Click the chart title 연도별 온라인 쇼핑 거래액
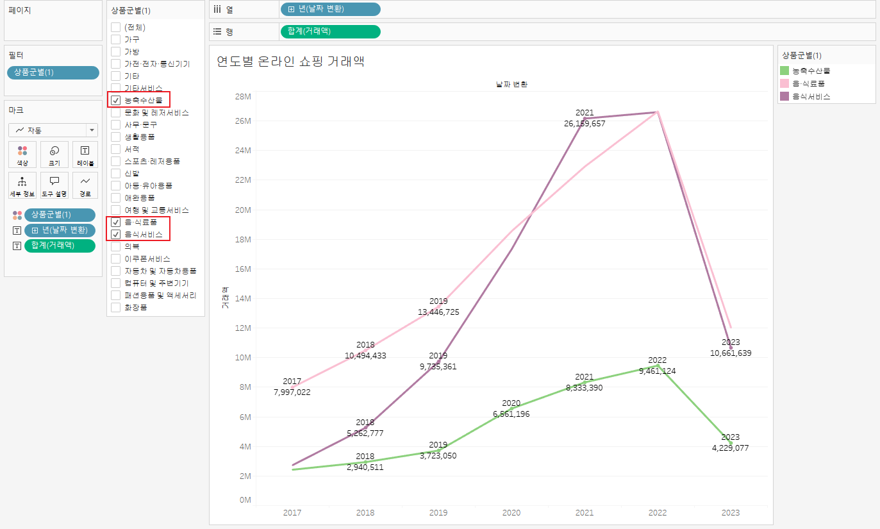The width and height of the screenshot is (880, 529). click(x=291, y=62)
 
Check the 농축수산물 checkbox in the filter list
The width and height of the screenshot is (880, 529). click(x=116, y=100)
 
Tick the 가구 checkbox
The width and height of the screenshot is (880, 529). click(x=116, y=39)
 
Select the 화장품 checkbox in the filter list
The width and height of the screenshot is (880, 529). click(x=116, y=307)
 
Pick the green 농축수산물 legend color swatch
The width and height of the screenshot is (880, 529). click(x=785, y=71)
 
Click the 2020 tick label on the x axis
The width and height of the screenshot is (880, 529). click(x=511, y=512)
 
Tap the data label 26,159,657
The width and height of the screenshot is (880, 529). click(x=585, y=124)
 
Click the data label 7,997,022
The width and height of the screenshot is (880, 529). click(x=292, y=392)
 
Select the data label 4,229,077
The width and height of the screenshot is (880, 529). click(x=730, y=448)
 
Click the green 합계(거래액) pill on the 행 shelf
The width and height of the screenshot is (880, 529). click(x=330, y=32)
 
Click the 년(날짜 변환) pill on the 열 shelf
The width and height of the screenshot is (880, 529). click(x=330, y=9)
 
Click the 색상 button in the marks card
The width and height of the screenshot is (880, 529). click(x=22, y=155)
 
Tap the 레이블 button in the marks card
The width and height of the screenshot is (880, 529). click(x=85, y=155)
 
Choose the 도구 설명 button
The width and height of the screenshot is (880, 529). click(x=54, y=185)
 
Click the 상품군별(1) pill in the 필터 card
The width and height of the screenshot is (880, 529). click(x=53, y=72)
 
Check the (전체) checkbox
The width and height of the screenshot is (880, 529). click(x=116, y=27)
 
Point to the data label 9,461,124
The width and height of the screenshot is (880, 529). click(x=657, y=371)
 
